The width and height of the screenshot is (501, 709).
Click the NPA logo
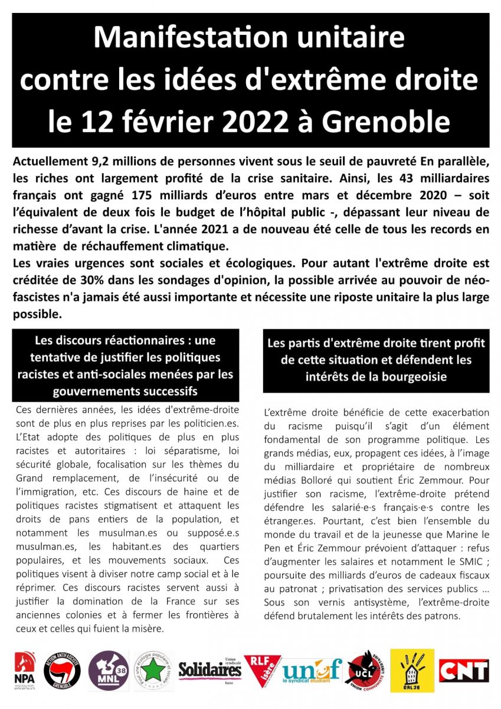(x=24, y=671)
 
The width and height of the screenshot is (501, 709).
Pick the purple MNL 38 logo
(x=108, y=671)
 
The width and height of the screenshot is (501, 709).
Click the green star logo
(x=153, y=671)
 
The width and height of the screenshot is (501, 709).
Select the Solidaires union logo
(x=210, y=670)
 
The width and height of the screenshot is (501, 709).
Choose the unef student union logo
(x=312, y=671)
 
